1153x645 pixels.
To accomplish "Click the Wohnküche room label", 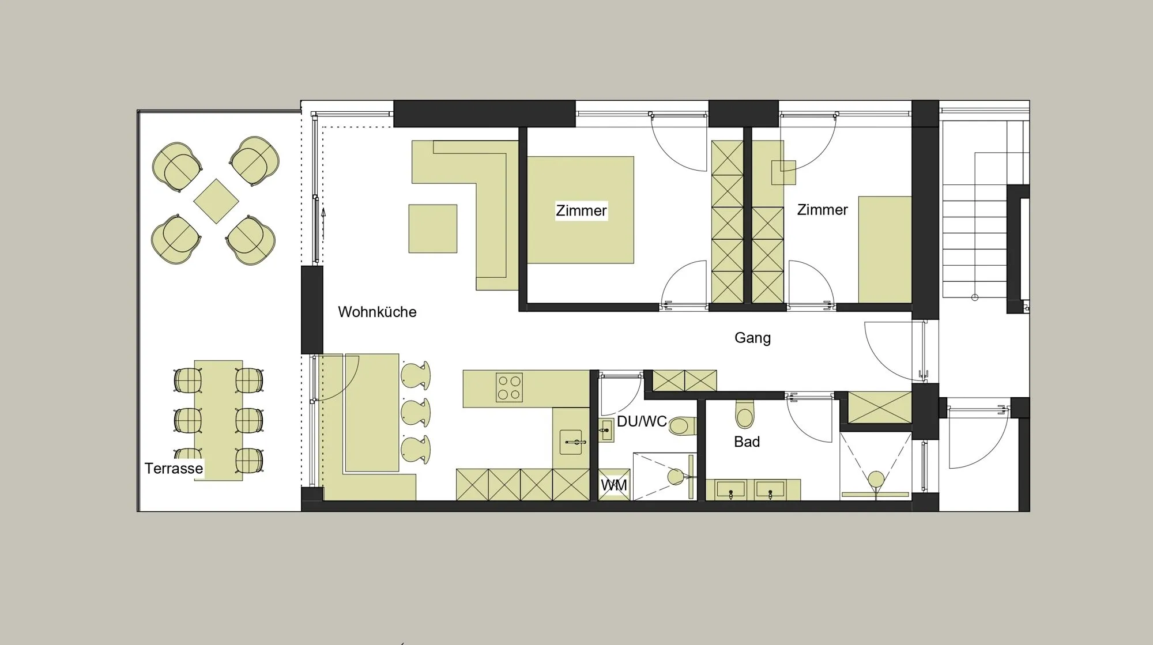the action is click(x=377, y=312).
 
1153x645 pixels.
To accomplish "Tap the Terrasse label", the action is click(x=174, y=468).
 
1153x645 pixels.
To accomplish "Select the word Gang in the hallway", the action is click(x=752, y=338).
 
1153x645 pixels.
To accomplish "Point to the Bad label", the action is click(x=747, y=442).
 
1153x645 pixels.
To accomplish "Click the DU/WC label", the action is click(x=642, y=421).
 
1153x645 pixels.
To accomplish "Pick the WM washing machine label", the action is click(x=614, y=485).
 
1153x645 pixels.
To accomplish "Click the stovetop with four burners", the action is click(x=509, y=387).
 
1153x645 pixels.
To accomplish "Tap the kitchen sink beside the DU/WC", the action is click(x=571, y=442).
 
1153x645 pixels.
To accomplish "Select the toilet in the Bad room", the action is click(x=745, y=414).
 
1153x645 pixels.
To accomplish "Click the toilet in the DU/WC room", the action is click(x=683, y=426).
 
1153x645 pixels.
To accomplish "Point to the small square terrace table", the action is click(x=216, y=201).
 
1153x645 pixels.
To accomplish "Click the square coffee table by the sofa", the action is click(x=433, y=229).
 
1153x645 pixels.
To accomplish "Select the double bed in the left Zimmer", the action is click(x=581, y=210).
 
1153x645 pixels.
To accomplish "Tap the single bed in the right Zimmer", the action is click(x=885, y=250).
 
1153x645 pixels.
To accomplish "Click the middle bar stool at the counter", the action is click(x=416, y=413).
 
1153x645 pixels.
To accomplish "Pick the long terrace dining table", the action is click(x=218, y=421).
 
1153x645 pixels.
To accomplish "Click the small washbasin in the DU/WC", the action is click(x=606, y=430).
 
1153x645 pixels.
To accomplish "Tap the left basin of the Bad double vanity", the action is click(x=730, y=491).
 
